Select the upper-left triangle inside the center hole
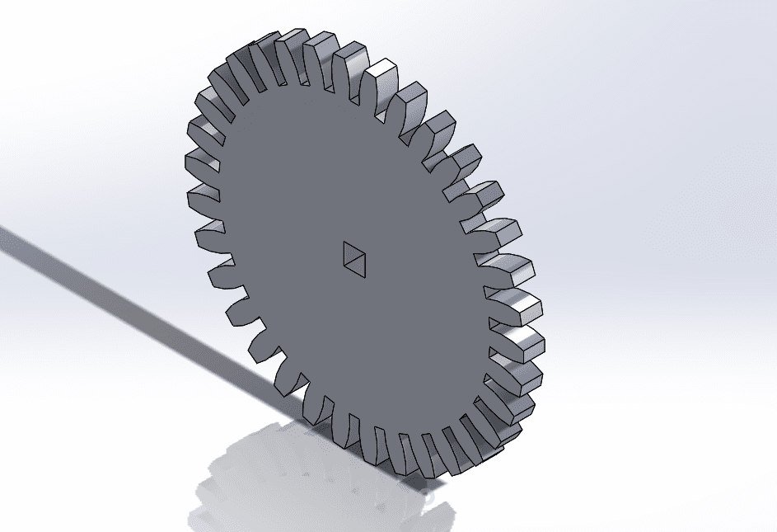(349, 252)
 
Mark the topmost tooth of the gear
(293, 41)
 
